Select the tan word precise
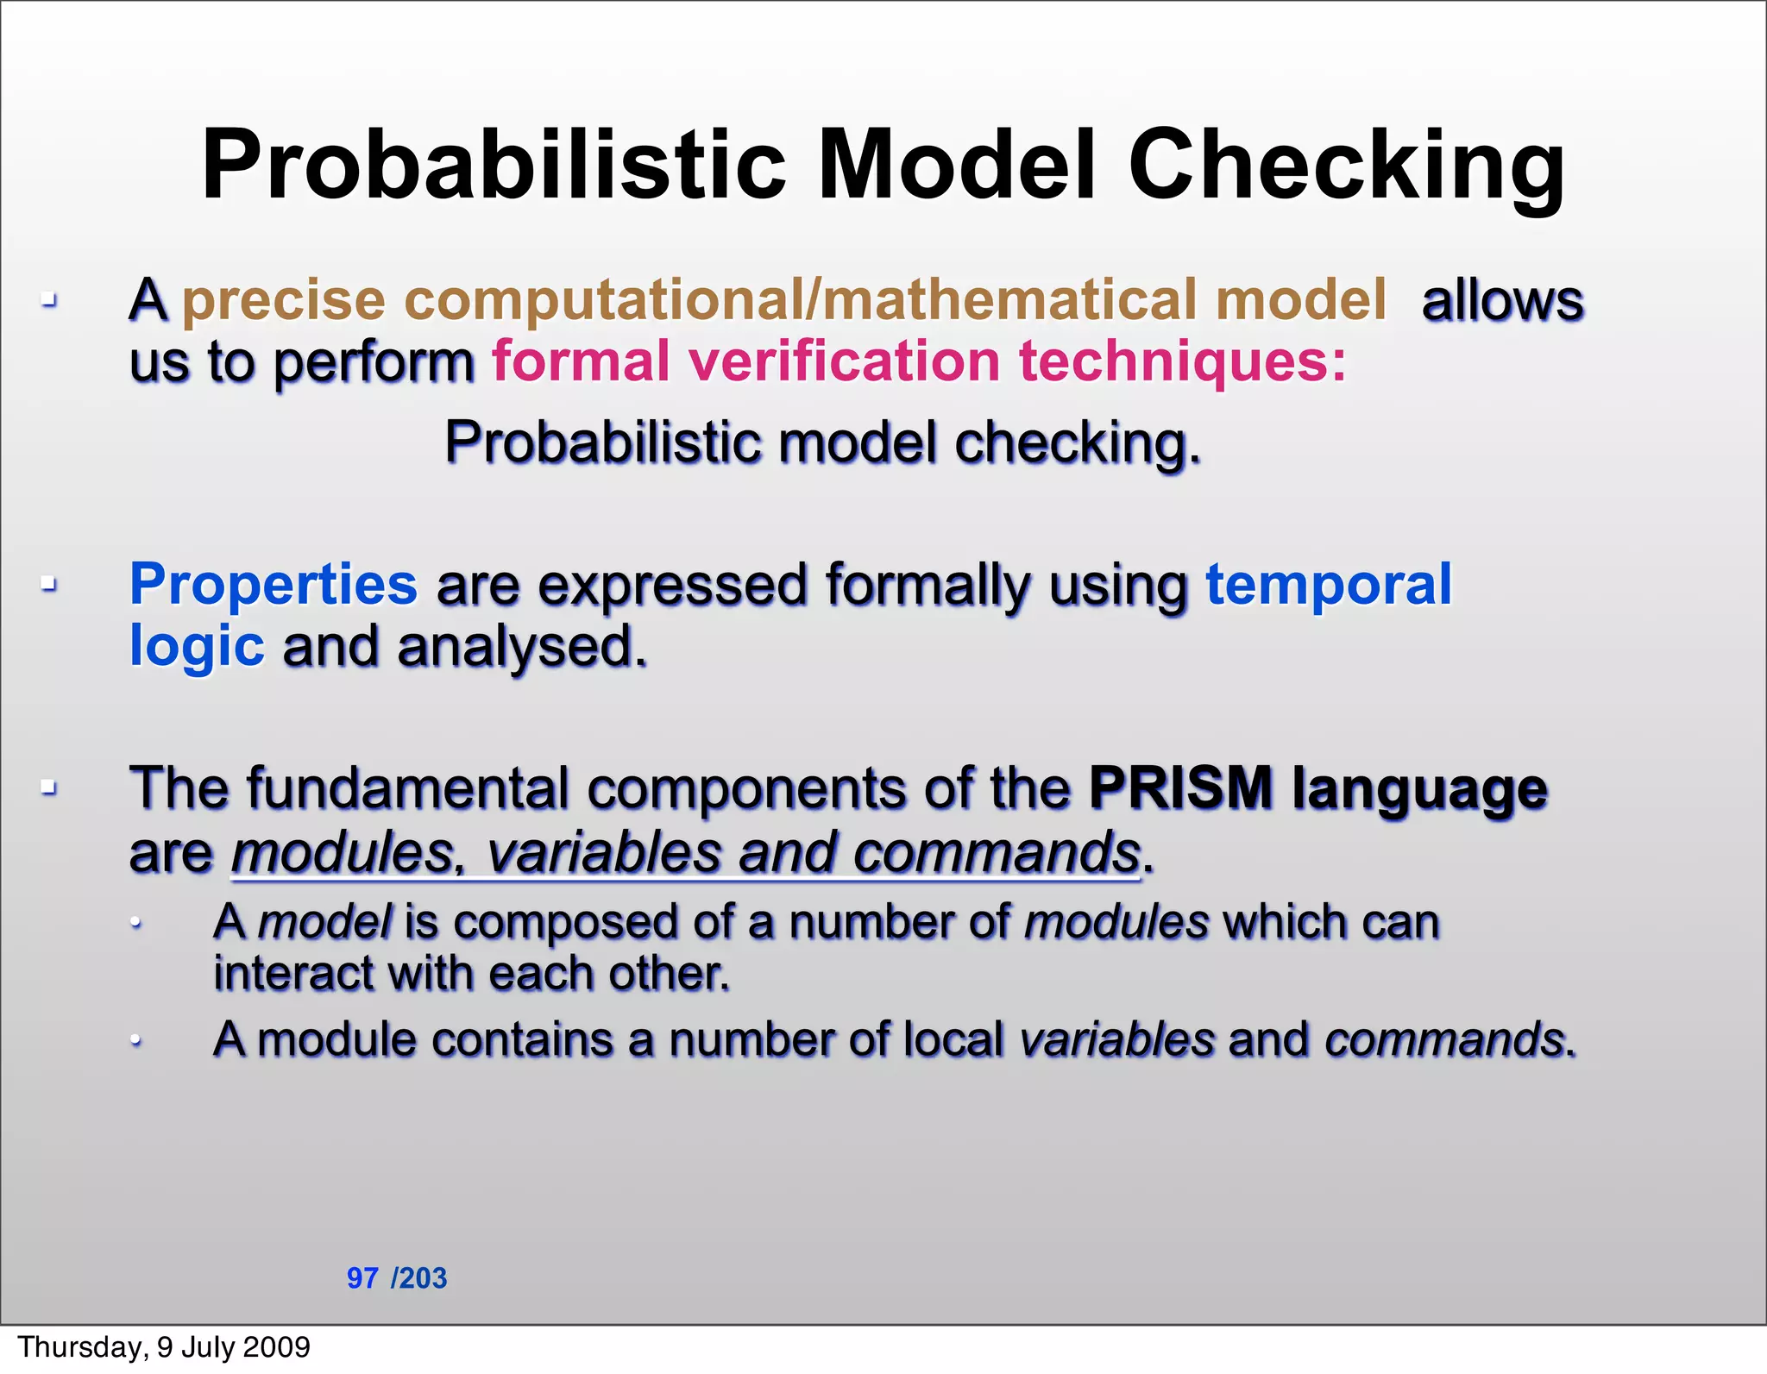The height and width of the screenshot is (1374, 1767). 284,301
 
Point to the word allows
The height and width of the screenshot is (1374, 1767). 1502,301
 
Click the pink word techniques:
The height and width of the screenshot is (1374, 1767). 1182,361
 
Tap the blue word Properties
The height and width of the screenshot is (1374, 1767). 274,586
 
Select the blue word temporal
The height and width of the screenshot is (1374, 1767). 1329,586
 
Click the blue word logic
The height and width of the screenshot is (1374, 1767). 197,647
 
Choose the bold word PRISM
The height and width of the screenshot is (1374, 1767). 1180,787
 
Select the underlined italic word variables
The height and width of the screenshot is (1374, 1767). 603,852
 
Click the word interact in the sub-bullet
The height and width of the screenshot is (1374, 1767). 293,974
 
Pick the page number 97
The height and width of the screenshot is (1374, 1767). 362,1277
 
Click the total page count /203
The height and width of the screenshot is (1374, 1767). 419,1277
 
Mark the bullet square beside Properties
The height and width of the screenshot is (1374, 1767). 49,585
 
